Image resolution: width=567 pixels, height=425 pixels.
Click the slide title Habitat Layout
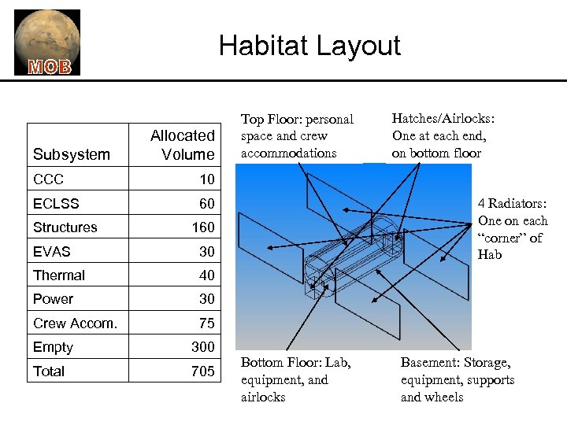click(309, 46)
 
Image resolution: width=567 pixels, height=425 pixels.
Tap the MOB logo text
click(50, 67)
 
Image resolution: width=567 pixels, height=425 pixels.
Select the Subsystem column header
click(71, 154)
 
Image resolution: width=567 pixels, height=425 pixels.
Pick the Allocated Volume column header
click(183, 145)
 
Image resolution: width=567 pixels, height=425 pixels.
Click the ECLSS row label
click(56, 204)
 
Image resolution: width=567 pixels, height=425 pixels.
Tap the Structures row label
click(65, 227)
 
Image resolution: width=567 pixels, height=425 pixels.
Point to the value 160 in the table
click(202, 227)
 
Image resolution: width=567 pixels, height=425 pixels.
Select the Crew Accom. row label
click(76, 323)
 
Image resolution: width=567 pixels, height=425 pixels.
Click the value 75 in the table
click(206, 323)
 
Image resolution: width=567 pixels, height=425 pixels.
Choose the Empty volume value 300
click(202, 347)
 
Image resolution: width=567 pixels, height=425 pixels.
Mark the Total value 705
click(202, 371)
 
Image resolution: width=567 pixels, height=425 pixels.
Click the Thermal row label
click(59, 275)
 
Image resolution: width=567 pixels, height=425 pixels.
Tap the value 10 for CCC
click(206, 179)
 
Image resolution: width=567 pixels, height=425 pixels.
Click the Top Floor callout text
click(297, 136)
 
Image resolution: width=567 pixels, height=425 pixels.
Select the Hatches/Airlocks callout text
click(443, 135)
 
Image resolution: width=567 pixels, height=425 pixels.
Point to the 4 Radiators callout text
click(513, 229)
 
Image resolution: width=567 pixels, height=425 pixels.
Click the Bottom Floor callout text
click(295, 380)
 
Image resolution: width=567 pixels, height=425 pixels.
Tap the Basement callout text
click(457, 380)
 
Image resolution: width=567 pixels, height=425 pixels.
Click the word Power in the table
click(53, 299)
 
